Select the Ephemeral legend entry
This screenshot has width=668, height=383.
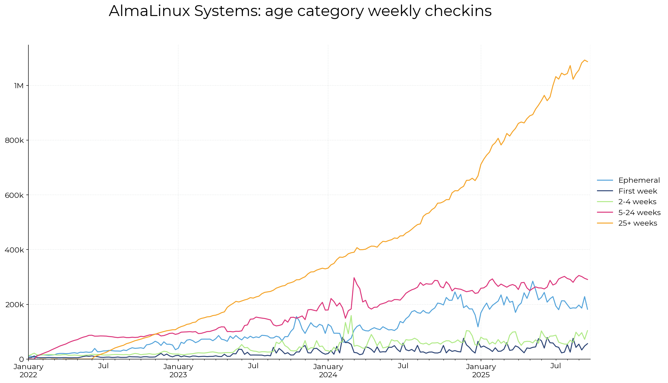pyautogui.click(x=639, y=180)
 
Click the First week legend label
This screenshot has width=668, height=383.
pyautogui.click(x=637, y=191)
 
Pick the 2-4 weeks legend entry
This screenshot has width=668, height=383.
pyautogui.click(x=637, y=202)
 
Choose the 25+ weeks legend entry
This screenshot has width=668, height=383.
pyautogui.click(x=637, y=223)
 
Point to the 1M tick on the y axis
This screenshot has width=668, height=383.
pyautogui.click(x=19, y=86)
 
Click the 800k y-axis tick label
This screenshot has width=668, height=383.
pyautogui.click(x=15, y=140)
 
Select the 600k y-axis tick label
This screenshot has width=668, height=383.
pyautogui.click(x=15, y=195)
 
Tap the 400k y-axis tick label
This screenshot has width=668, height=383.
pyautogui.click(x=15, y=250)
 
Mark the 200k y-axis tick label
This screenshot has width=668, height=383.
pyautogui.click(x=15, y=304)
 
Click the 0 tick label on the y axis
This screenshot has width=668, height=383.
pyautogui.click(x=21, y=359)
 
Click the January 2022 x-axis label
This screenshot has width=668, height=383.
pyautogui.click(x=28, y=371)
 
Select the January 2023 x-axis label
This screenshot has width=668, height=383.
pyautogui.click(x=178, y=371)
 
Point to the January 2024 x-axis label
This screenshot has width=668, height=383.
pyautogui.click(x=328, y=371)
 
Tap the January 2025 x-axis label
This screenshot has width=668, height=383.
pyautogui.click(x=481, y=371)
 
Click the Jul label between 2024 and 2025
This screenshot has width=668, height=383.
pyautogui.click(x=403, y=366)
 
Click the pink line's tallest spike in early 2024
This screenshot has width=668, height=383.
pyautogui.click(x=354, y=278)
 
